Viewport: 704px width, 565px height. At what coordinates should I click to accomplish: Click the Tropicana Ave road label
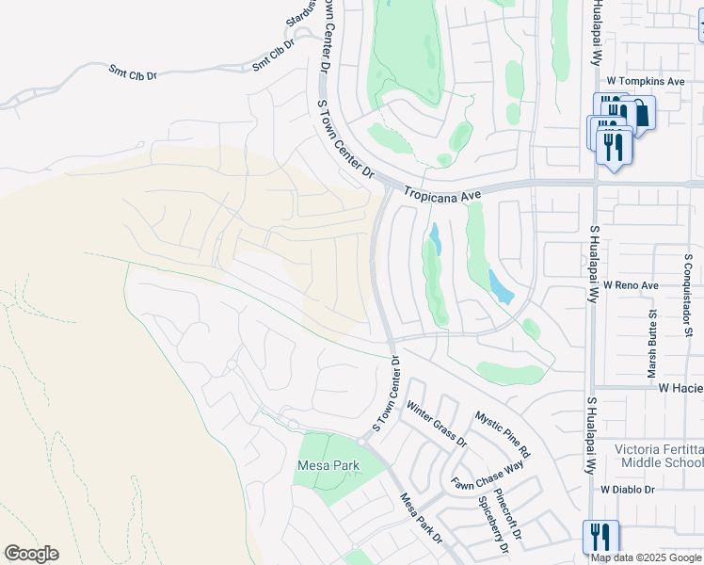(x=442, y=193)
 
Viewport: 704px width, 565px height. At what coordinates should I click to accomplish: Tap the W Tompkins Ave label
(x=649, y=81)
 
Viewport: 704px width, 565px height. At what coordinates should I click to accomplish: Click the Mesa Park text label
(x=328, y=465)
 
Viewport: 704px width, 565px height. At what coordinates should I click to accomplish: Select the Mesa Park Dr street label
(x=420, y=518)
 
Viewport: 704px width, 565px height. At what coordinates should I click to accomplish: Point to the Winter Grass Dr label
(x=436, y=424)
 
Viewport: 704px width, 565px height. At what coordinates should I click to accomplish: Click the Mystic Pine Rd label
(x=503, y=433)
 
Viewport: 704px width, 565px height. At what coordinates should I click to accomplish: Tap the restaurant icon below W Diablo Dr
(x=600, y=537)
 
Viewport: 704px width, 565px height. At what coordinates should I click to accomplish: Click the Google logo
(x=31, y=554)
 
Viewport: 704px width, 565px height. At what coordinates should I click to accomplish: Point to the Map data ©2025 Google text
(x=646, y=557)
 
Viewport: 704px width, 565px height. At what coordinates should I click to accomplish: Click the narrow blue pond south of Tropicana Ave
(x=435, y=238)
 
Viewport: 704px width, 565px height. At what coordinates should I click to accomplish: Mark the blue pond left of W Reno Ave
(x=501, y=286)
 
